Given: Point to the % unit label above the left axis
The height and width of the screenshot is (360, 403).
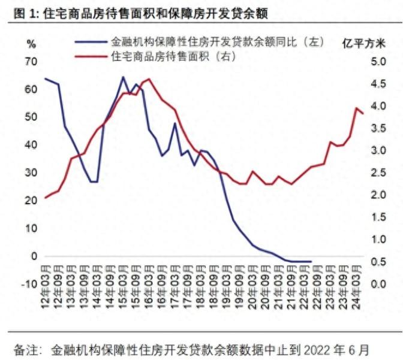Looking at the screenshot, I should (31, 43).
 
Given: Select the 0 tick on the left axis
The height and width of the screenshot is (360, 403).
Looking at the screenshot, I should (34, 256).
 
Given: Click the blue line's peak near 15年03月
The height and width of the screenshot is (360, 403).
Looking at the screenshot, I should (123, 77).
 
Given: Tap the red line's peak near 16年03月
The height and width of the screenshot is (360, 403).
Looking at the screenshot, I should (149, 78).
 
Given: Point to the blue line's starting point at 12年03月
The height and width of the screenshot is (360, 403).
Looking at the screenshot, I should (46, 78).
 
